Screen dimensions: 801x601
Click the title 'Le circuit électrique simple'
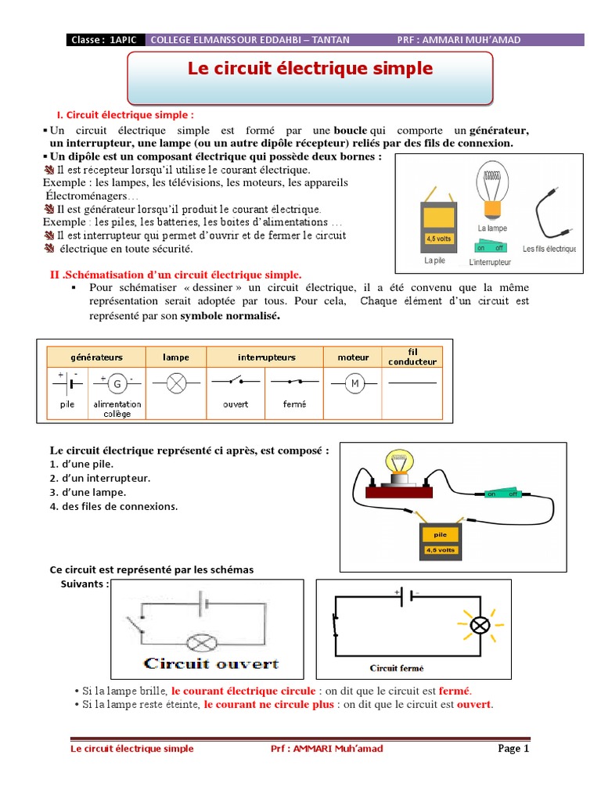[x=310, y=69]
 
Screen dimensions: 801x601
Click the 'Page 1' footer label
[x=514, y=749]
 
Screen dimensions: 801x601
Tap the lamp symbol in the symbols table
[x=176, y=383]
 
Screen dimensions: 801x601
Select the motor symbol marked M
[x=354, y=383]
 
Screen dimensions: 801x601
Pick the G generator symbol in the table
[x=117, y=384]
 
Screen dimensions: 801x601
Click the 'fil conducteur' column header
[x=413, y=357]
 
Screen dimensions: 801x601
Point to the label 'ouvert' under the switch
[x=236, y=404]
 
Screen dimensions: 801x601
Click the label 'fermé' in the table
[x=295, y=404]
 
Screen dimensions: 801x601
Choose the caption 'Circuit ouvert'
[x=211, y=664]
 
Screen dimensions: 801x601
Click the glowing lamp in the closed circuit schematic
[x=478, y=624]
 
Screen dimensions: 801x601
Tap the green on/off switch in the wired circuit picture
[x=502, y=494]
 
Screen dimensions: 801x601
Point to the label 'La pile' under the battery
[x=434, y=260]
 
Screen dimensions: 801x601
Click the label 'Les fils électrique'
[x=549, y=249]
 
